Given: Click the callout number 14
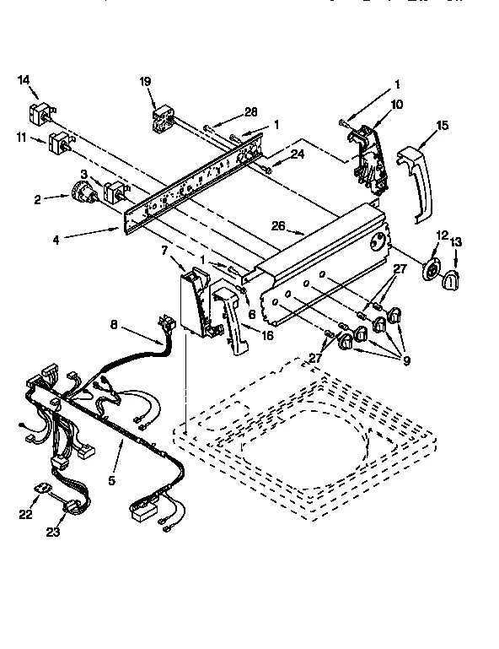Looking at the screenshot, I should pos(24,80).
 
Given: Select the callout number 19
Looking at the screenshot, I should pos(145,82).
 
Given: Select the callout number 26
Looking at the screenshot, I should pos(280,225).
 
